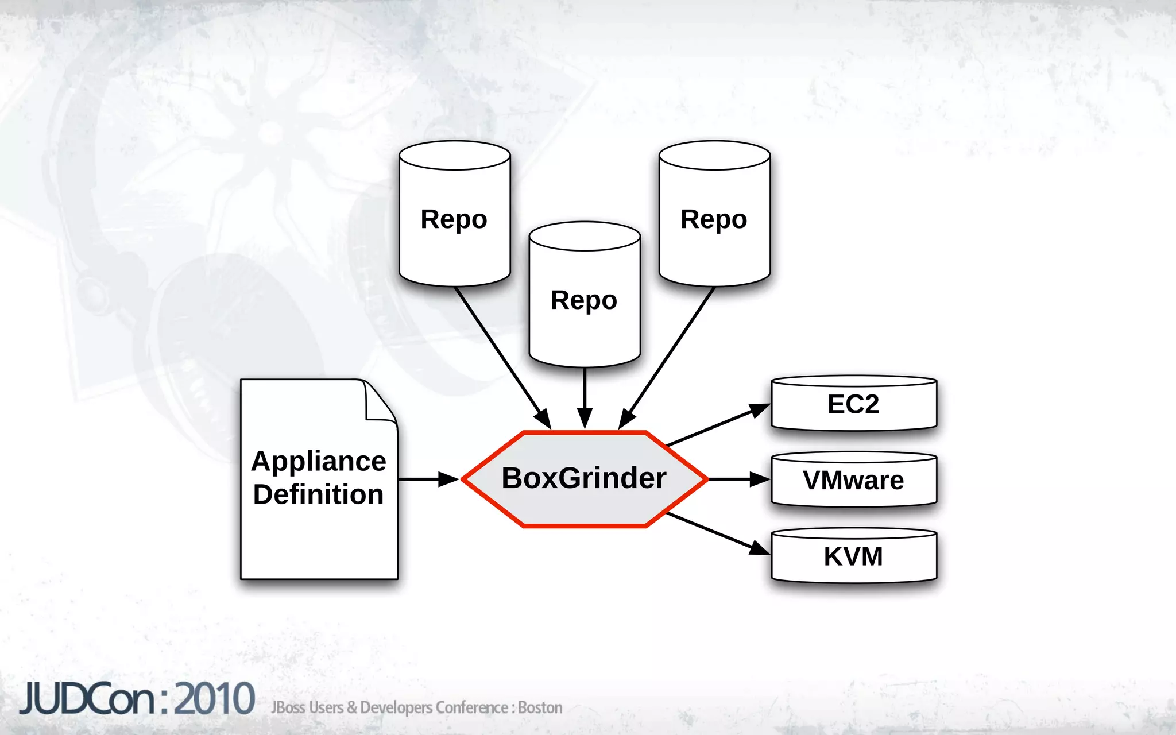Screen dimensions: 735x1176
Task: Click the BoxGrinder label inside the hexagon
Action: pos(583,478)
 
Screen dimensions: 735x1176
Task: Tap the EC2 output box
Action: pos(853,404)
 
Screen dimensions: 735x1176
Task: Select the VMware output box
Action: pos(853,481)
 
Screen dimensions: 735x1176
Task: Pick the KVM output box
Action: pos(853,556)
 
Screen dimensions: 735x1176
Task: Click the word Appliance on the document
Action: pos(319,461)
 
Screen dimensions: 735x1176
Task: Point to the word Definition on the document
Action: pos(319,494)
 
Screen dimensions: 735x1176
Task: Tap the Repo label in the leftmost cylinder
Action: pos(454,219)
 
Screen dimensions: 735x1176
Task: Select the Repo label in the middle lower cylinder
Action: pos(583,300)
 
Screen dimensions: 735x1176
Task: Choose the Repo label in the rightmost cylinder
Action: pos(714,219)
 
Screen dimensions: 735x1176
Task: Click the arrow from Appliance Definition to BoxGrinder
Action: pos(428,479)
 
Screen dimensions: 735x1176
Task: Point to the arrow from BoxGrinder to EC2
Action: pos(718,425)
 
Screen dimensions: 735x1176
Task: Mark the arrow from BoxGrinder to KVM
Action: pos(718,533)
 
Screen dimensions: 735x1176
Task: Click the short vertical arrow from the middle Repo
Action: pos(585,396)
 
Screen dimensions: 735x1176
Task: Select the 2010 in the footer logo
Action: pos(214,699)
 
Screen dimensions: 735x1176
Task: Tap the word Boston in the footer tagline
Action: pos(540,707)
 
